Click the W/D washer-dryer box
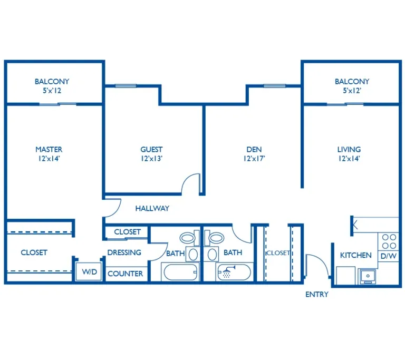click(89, 271)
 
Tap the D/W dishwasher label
click(388, 256)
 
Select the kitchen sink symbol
click(368, 276)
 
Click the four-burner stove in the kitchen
click(389, 241)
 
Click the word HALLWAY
click(152, 208)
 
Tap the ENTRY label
click(317, 295)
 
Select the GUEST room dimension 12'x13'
click(151, 159)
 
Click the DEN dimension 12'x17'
click(254, 159)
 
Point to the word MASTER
click(49, 150)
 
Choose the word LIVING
click(349, 150)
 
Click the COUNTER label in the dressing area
click(126, 274)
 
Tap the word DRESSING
click(124, 252)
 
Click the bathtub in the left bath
click(180, 272)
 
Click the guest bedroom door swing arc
click(190, 184)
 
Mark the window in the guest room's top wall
click(126, 86)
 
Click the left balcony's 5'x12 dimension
click(52, 91)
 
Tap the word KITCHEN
click(355, 256)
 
